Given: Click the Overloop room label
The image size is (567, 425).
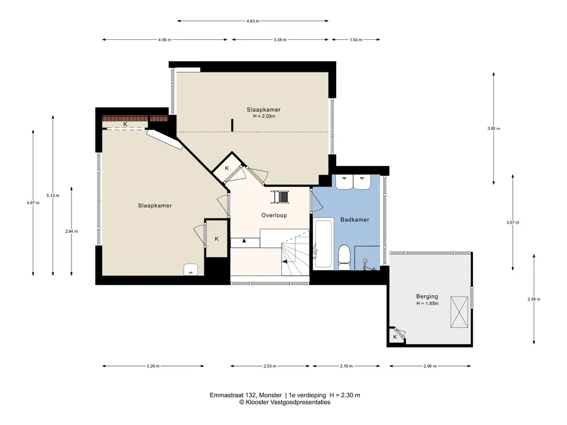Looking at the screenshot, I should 274,215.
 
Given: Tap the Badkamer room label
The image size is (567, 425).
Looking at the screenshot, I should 354,220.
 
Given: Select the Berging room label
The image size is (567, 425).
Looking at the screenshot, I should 427,296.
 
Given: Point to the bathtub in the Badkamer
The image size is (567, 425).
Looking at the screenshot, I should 323,244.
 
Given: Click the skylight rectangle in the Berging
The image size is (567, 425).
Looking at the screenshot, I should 458,312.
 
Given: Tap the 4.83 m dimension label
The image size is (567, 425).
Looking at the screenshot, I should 253,22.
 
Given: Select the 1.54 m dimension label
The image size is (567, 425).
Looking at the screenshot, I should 357,40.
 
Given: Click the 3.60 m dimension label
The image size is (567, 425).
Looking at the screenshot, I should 493,128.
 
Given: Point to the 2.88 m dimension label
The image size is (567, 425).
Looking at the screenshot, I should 534,299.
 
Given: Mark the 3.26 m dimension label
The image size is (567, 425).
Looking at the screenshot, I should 153,366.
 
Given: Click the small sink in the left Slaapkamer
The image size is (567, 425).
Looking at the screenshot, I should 192,269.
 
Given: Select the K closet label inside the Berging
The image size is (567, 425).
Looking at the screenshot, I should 395,336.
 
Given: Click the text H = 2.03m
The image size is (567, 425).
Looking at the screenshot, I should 264,116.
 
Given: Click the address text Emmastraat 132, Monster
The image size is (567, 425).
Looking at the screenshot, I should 246,395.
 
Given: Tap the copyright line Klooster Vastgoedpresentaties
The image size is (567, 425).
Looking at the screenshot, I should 285,403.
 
